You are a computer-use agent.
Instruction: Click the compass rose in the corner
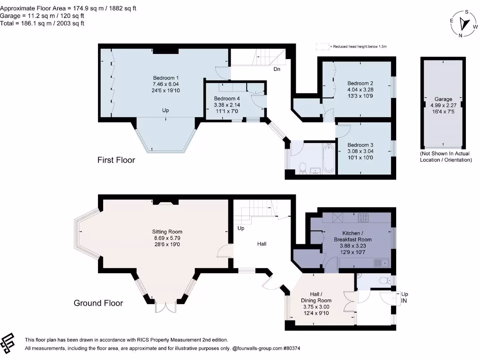click(x=464, y=24)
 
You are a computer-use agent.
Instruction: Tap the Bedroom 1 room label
click(x=166, y=78)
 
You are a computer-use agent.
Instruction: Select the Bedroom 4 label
click(x=227, y=98)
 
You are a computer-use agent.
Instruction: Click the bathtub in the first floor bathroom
click(x=329, y=158)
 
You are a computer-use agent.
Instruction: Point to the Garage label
click(x=443, y=99)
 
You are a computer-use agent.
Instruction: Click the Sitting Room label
click(x=167, y=232)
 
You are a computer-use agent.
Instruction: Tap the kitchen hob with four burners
click(x=363, y=217)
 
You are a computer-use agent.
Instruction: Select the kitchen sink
click(x=381, y=263)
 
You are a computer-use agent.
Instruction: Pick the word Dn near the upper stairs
click(x=277, y=69)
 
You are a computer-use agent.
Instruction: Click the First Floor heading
click(x=116, y=160)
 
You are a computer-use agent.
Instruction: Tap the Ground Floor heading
click(x=98, y=303)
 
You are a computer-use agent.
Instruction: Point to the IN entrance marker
click(x=404, y=301)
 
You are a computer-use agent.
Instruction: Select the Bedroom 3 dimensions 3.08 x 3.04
click(x=360, y=151)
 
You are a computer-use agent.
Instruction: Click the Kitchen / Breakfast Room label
click(x=352, y=236)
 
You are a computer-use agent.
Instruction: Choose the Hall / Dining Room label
click(x=316, y=297)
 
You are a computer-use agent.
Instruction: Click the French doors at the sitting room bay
click(x=165, y=307)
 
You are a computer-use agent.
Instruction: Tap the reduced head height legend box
click(x=322, y=46)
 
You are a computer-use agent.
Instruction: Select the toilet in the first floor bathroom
click(x=303, y=168)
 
